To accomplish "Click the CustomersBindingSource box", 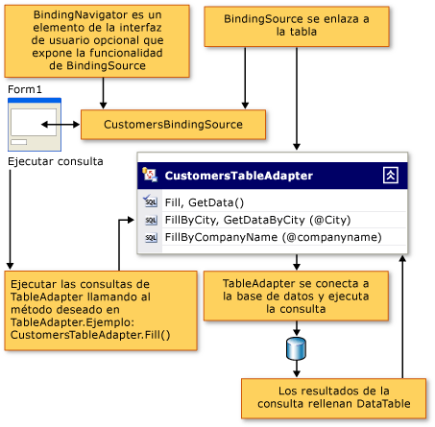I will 174,125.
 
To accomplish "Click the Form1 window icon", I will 35,122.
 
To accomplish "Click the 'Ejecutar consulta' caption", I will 55,161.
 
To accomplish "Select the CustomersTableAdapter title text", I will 226,176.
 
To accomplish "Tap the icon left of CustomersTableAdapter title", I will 150,176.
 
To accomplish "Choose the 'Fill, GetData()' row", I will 205,202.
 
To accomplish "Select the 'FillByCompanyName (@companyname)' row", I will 273,237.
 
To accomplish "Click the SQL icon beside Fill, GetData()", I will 150,202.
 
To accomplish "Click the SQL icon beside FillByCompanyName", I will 150,237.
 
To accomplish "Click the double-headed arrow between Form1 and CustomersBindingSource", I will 61,125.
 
